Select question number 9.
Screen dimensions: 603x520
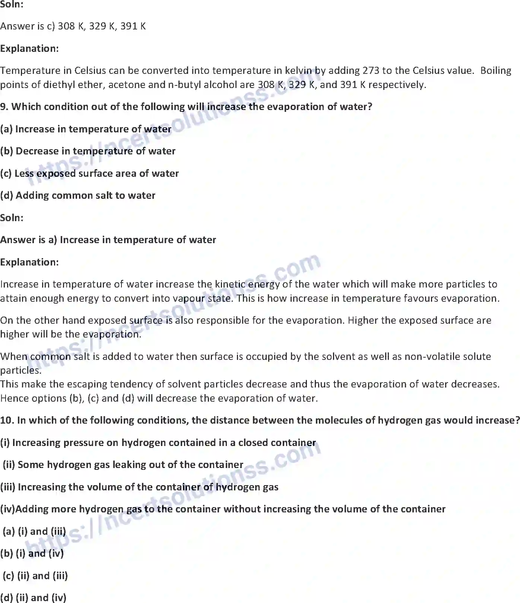[x=4, y=107]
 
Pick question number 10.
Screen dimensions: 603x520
[x=7, y=420]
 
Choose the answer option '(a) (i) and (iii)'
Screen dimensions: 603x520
[x=34, y=531]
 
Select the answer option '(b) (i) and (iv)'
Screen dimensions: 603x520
[x=32, y=553]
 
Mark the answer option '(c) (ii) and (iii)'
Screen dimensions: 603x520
[x=35, y=576]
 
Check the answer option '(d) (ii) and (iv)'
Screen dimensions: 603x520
[x=33, y=598]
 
